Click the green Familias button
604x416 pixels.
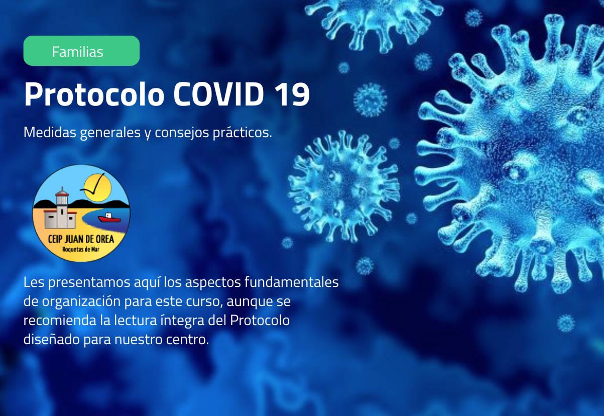pyautogui.click(x=81, y=51)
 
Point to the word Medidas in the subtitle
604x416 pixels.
pyautogui.click(x=50, y=133)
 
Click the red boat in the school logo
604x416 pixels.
pyautogui.click(x=108, y=218)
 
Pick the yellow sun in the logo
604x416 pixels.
pyautogui.click(x=96, y=186)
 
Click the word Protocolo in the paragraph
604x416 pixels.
pyautogui.click(x=260, y=321)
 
